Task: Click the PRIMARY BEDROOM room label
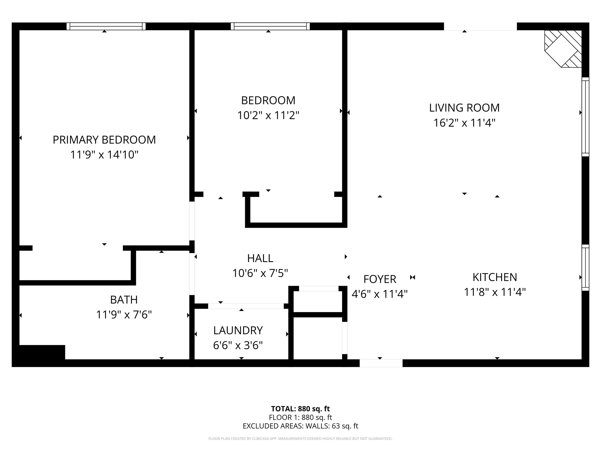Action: pos(104,140)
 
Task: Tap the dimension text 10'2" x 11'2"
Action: pos(268,115)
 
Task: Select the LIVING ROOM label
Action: pos(464,108)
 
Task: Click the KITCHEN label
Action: pos(495,277)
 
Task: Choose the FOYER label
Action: pos(380,279)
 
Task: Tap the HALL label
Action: pos(260,258)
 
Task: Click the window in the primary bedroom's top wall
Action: pos(106,26)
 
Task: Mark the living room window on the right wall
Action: pos(585,117)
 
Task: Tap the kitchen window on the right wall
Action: pos(585,268)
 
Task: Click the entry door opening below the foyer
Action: pos(381,363)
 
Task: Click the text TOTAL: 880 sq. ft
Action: pos(300,409)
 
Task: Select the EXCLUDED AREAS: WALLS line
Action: pos(300,426)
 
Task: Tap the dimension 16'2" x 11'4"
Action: pos(464,123)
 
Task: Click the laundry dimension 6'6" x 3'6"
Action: pos(238,345)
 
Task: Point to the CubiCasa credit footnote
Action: pos(300,438)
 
